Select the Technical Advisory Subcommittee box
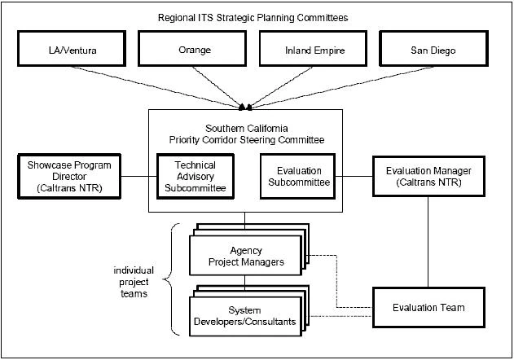195,177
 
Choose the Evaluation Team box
428,307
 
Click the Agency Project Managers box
245,255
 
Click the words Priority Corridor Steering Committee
257,139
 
